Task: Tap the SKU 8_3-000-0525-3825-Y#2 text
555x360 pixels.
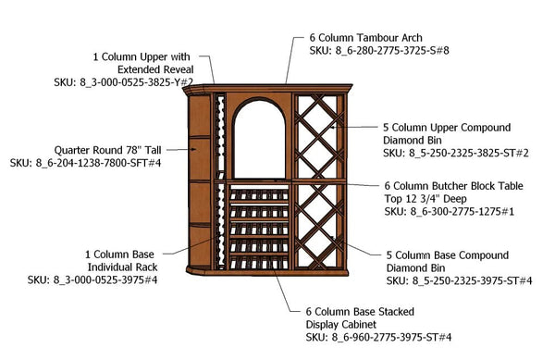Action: point(124,82)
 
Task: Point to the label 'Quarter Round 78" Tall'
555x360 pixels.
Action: point(108,149)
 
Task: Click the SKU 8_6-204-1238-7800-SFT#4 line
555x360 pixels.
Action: point(86,163)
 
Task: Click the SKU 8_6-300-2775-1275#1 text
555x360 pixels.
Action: point(450,212)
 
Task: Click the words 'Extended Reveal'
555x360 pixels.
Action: point(156,68)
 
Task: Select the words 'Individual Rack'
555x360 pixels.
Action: point(118,265)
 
